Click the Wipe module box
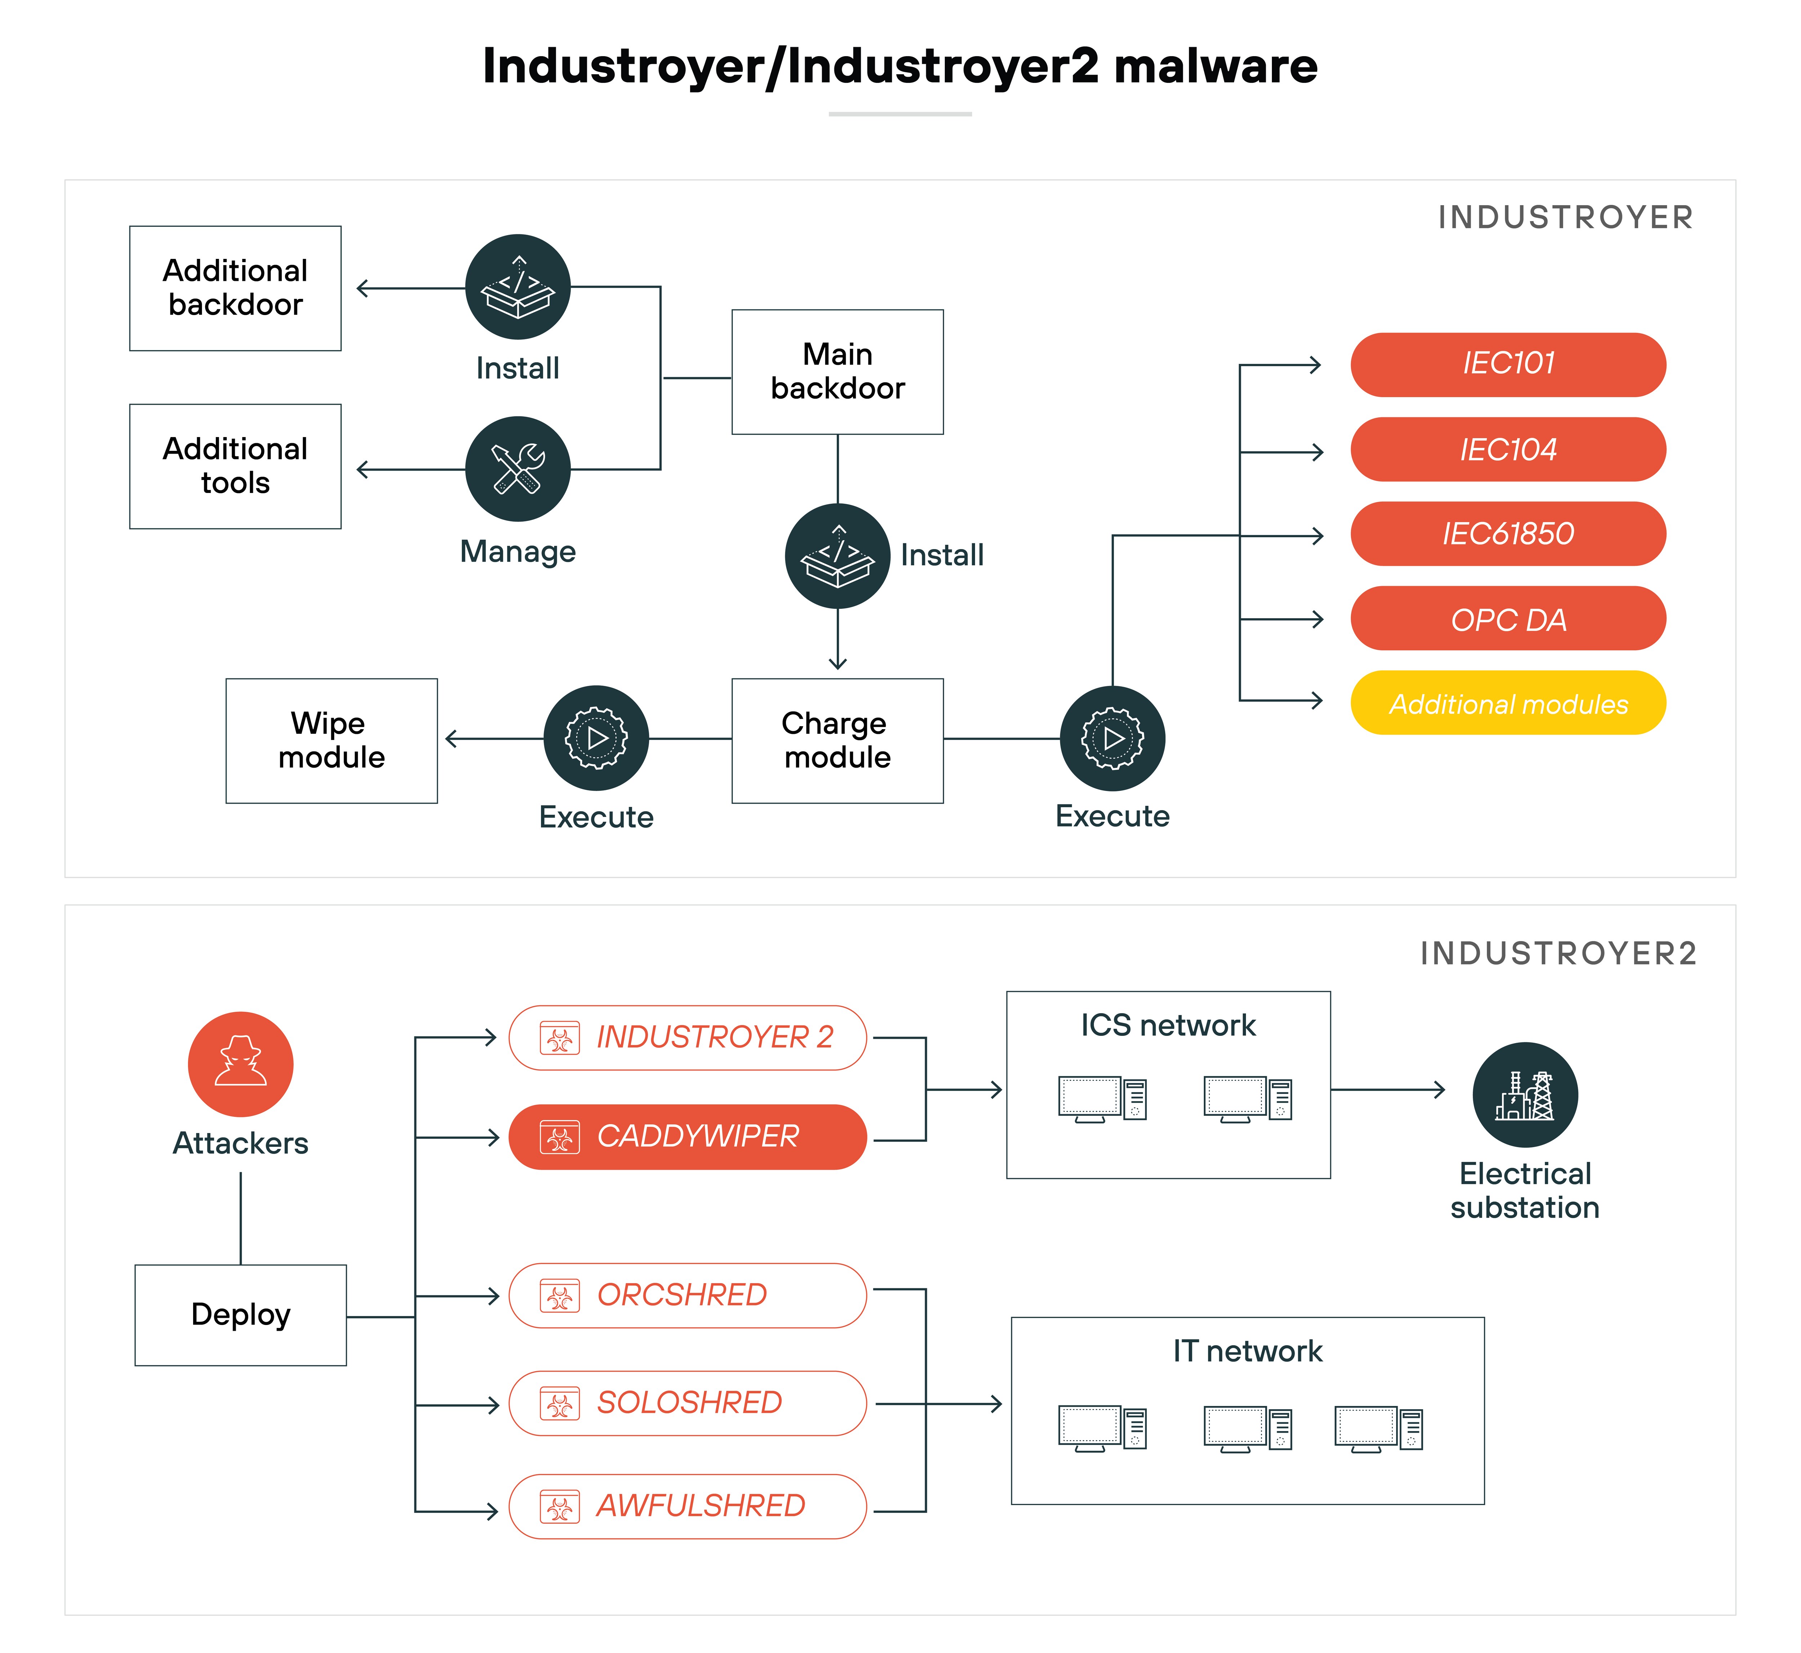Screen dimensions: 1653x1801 (x=331, y=741)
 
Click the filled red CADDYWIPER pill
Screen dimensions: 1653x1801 (x=687, y=1137)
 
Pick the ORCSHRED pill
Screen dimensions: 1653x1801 (x=687, y=1295)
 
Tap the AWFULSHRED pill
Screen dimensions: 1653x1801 (x=687, y=1506)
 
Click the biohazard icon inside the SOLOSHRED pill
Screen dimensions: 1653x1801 (x=560, y=1403)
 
